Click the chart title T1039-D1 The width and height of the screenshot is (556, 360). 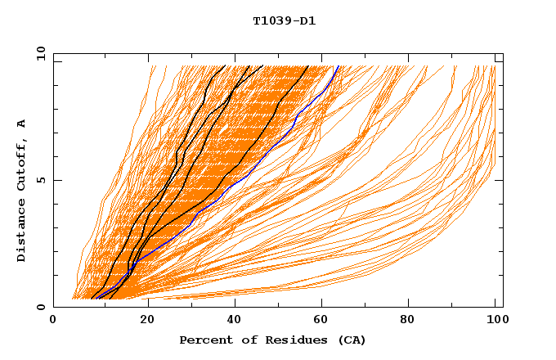point(284,21)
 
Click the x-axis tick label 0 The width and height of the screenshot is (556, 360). point(53,321)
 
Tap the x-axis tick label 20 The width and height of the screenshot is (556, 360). point(141,321)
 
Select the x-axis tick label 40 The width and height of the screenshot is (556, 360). point(230,321)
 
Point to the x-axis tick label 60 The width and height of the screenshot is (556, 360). point(318,321)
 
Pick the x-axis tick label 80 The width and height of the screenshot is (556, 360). point(406,321)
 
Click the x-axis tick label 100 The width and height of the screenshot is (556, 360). point(495,321)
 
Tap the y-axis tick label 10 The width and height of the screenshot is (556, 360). point(40,53)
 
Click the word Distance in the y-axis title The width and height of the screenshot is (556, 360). point(22,233)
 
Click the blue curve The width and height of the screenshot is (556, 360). point(245,173)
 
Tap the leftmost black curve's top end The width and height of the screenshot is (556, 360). point(225,65)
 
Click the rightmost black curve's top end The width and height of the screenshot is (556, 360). point(308,65)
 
